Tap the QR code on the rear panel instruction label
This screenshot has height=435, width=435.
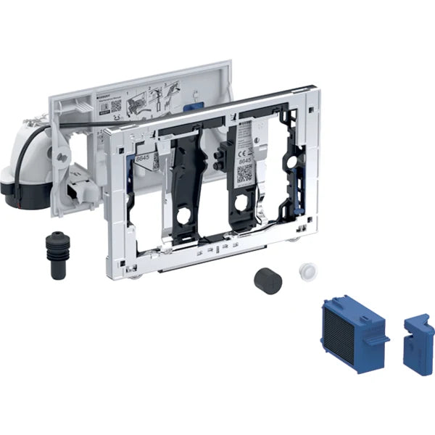coord(117,106)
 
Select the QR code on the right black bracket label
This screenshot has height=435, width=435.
coord(245,173)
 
